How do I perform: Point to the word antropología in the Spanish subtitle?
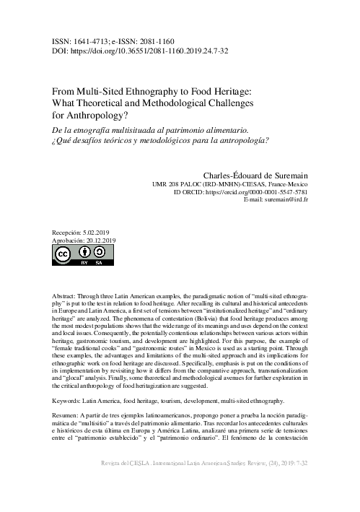point(239,140)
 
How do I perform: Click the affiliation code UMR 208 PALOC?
point(182,183)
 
